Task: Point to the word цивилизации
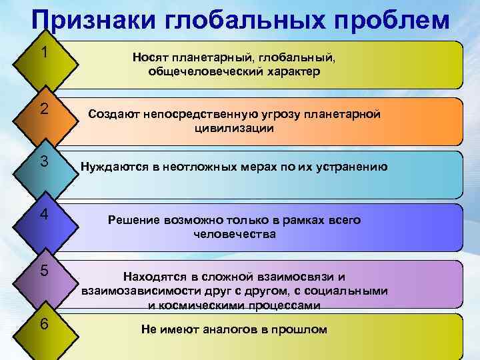coord(233,128)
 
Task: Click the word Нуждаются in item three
coord(111,167)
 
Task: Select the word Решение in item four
coord(132,220)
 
